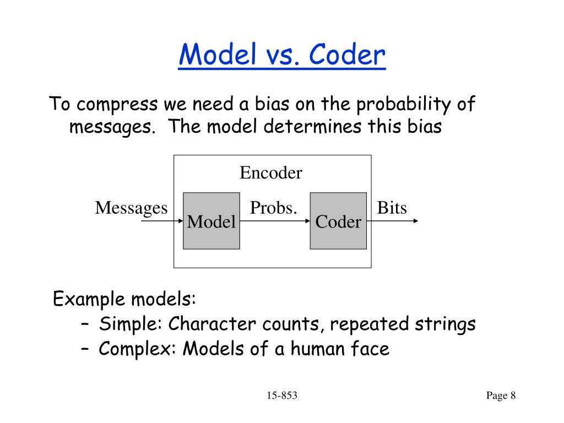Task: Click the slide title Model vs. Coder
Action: click(282, 55)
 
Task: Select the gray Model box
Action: click(211, 221)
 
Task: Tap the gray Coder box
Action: click(339, 221)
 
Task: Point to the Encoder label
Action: click(271, 172)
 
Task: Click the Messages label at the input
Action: click(131, 208)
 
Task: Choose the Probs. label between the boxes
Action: click(274, 208)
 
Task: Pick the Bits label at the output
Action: click(392, 208)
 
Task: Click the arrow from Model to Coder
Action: click(275, 221)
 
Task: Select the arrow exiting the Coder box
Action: click(392, 221)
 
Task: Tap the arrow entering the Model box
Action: click(162, 221)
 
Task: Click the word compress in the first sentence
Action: click(117, 105)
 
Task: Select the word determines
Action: click(313, 127)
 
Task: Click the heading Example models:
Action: click(124, 299)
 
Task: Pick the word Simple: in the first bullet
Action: click(131, 324)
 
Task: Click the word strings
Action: click(445, 324)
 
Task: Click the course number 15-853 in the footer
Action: click(282, 395)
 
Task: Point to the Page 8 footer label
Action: click(501, 395)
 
